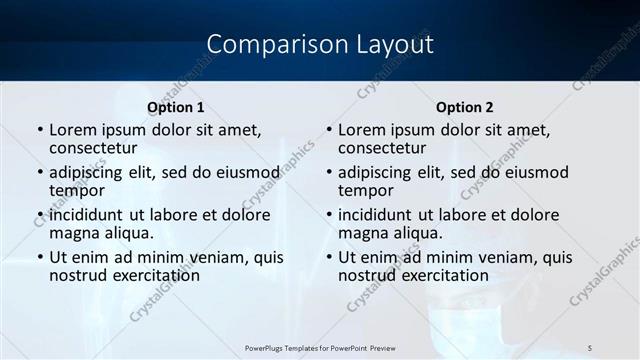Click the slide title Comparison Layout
[x=320, y=44]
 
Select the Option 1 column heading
[x=175, y=107]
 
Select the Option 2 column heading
[x=464, y=107]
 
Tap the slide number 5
[x=590, y=346]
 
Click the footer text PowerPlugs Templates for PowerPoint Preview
[x=320, y=346]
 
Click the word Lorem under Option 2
[x=361, y=130]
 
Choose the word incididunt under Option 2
[x=381, y=215]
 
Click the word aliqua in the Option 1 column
[x=127, y=233]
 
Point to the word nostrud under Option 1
[x=78, y=275]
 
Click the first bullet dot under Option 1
[x=40, y=131]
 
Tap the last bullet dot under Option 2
[x=329, y=258]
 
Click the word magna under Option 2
[x=364, y=233]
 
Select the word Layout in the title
[x=390, y=44]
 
